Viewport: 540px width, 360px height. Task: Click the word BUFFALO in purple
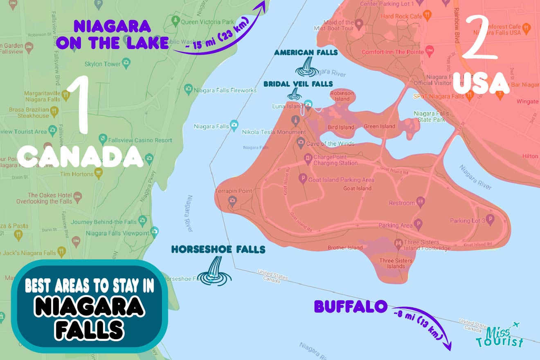pyautogui.click(x=350, y=306)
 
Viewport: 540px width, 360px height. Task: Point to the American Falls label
pyautogui.click(x=306, y=52)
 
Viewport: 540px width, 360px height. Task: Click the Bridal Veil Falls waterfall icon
pyautogui.click(x=294, y=94)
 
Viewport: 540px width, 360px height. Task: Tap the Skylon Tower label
pyautogui.click(x=102, y=64)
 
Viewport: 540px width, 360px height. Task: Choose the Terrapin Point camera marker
pyautogui.click(x=233, y=200)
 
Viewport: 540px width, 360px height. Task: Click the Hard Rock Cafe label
pyautogui.click(x=401, y=16)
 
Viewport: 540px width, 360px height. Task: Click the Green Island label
pyautogui.click(x=379, y=126)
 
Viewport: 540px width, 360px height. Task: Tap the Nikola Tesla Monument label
pyautogui.click(x=274, y=133)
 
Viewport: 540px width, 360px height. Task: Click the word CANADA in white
pyautogui.click(x=81, y=157)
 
